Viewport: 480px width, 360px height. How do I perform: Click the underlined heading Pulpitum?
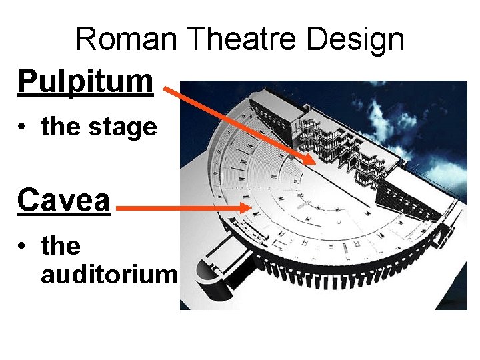point(85,82)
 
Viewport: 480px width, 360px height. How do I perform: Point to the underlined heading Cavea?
point(64,199)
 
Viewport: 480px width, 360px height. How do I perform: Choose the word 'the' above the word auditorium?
point(61,246)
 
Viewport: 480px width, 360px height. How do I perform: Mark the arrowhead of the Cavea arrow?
point(247,208)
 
